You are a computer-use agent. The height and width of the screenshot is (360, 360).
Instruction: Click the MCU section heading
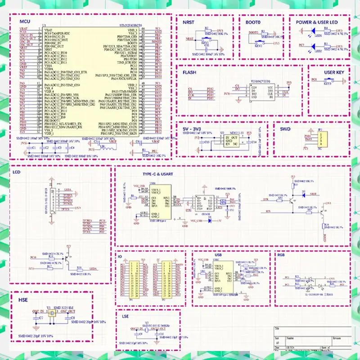25,22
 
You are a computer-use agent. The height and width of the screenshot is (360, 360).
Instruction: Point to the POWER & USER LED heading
316,22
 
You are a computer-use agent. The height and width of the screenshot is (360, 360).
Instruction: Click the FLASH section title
189,72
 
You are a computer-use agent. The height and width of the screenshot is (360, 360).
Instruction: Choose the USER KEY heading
334,72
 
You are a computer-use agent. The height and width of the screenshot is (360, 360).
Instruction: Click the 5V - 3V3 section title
193,129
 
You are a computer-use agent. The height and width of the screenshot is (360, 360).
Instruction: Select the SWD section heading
286,129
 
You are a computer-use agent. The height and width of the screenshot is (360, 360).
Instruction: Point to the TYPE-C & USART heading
141,173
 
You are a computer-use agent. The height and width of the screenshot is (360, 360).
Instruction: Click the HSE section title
23,299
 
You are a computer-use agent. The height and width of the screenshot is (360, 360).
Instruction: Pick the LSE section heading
126,317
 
